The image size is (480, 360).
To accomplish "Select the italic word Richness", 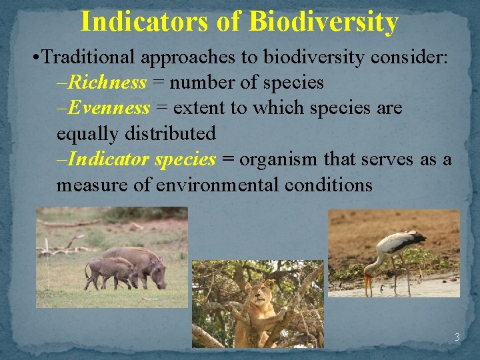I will (x=107, y=83).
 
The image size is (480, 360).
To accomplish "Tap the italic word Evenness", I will (x=109, y=108).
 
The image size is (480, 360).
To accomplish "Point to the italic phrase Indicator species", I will (x=142, y=159).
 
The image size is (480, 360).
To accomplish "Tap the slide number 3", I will (x=457, y=337).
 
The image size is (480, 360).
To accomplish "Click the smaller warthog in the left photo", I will (x=109, y=271).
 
